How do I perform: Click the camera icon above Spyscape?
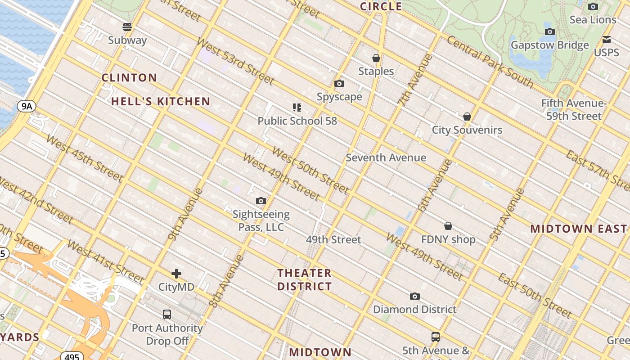pos(339,84)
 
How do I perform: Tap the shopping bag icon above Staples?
pos(376,58)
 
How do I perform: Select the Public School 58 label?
pos(297,121)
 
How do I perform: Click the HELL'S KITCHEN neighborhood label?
pos(161,101)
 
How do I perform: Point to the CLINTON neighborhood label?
pos(129,78)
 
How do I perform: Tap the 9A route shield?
pos(27,106)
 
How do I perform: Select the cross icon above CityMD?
pos(176,273)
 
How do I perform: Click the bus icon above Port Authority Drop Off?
pos(167,314)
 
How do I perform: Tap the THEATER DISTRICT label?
pos(305,279)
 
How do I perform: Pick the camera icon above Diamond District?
pos(415,296)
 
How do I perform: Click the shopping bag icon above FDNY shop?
pos(448,226)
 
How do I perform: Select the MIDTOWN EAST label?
pos(578,229)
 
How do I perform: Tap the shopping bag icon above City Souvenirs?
pos(467,117)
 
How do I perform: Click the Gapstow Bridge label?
pos(549,45)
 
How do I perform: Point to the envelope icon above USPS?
pos(607,40)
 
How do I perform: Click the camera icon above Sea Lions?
pos(593,6)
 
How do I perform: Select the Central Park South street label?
pos(490,62)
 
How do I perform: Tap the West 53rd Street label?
pos(235,62)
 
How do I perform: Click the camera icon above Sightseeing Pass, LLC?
pos(261,201)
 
